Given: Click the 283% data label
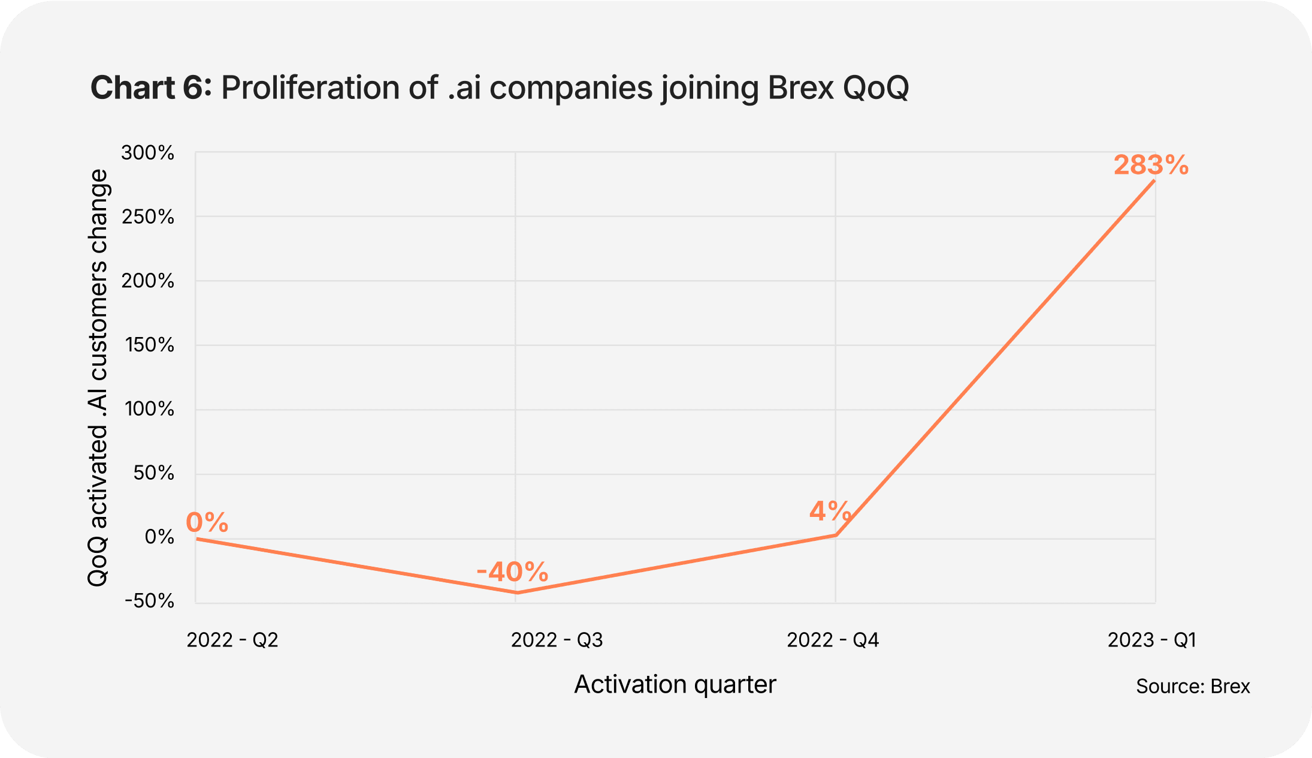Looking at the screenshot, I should tap(1151, 166).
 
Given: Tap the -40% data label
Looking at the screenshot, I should tap(513, 572).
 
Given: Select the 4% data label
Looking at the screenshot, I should tap(830, 512).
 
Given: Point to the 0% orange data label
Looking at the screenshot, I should tap(207, 522).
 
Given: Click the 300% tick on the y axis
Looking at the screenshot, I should tap(148, 153).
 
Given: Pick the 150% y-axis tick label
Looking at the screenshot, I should tap(150, 345).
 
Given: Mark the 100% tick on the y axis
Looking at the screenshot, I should tap(150, 409).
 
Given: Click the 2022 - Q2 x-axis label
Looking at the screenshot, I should tap(232, 640).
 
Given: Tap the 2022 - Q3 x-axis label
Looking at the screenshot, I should tap(557, 640).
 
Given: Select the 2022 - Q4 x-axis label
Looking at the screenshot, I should tap(833, 640).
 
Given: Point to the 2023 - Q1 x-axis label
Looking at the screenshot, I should tap(1151, 640).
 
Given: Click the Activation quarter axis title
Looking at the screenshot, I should tap(675, 684).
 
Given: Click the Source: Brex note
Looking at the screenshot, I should tap(1193, 686).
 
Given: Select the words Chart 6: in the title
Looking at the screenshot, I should tap(151, 88).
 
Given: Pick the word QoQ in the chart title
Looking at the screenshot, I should tap(876, 88).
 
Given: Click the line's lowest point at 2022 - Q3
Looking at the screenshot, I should tap(516, 593).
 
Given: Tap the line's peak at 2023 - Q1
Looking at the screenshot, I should tap(1154, 181).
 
